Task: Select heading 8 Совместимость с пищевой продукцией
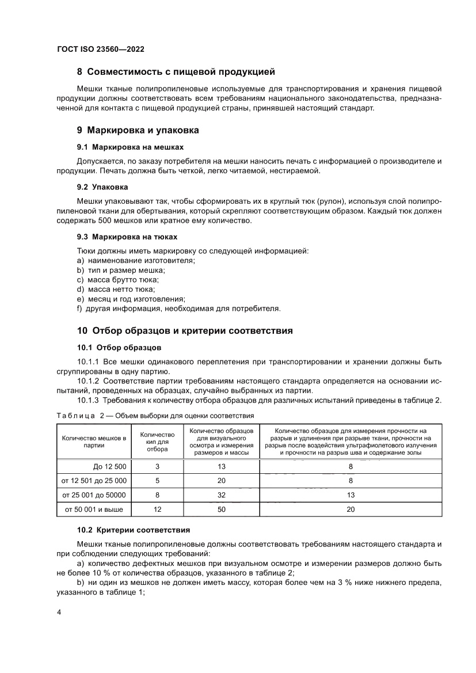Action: pyautogui.click(x=176, y=72)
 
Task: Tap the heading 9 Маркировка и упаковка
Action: pyautogui.click(x=138, y=130)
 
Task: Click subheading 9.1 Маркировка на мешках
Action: pyautogui.click(x=130, y=147)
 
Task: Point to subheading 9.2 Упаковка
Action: pyautogui.click(x=102, y=187)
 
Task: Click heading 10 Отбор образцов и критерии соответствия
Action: pyautogui.click(x=185, y=331)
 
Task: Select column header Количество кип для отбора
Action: pyautogui.click(x=157, y=442)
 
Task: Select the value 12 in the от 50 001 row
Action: pyautogui.click(x=157, y=509)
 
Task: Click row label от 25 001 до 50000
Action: pyautogui.click(x=94, y=495)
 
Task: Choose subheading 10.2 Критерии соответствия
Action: pyautogui.click(x=134, y=529)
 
